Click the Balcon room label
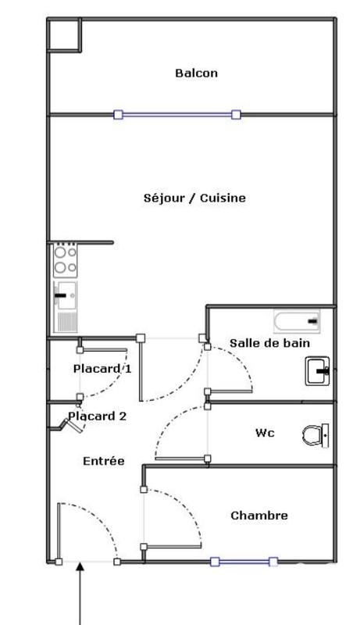pyautogui.click(x=196, y=73)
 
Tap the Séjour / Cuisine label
pyautogui.click(x=195, y=198)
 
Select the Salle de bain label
pyautogui.click(x=269, y=343)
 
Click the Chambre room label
pyautogui.click(x=259, y=516)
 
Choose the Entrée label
pyautogui.click(x=103, y=462)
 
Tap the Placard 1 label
pyautogui.click(x=102, y=369)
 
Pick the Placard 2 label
pyautogui.click(x=98, y=416)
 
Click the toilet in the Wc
pyautogui.click(x=315, y=434)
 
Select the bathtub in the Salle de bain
pyautogui.click(x=297, y=320)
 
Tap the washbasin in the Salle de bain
pyautogui.click(x=317, y=370)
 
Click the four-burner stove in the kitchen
pyautogui.click(x=65, y=260)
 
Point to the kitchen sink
pyautogui.click(x=66, y=296)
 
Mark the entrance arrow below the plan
pyautogui.click(x=80, y=594)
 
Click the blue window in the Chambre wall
pyautogui.click(x=244, y=561)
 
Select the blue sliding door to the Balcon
pyautogui.click(x=176, y=114)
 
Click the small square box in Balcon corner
pyautogui.click(x=63, y=34)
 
